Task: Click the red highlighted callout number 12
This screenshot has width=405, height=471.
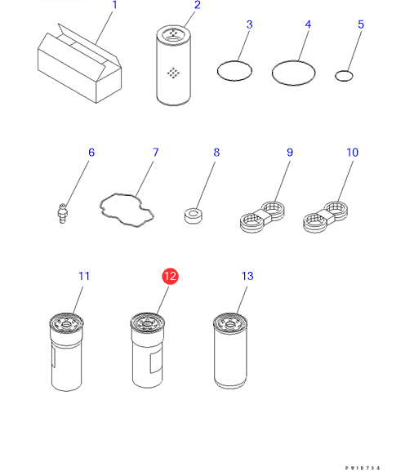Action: point(170,277)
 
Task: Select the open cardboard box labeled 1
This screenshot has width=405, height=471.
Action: point(79,64)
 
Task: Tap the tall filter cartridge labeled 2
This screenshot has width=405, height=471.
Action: point(173,65)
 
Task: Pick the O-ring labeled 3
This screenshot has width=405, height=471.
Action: point(234,71)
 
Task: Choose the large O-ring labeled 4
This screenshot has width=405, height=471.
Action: point(293,73)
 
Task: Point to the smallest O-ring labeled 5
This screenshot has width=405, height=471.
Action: point(344,76)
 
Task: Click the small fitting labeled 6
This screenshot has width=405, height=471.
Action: point(63,213)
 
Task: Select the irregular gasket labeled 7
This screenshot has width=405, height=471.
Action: point(127,211)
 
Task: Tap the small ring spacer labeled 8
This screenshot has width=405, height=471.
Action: point(194,216)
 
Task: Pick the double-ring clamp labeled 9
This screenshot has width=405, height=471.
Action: point(262,217)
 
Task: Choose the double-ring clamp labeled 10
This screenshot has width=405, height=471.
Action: point(325,217)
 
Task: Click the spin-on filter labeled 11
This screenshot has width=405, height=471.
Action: point(66,352)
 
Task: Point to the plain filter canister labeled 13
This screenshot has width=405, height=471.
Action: point(230,351)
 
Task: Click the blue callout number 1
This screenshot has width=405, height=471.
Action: point(114,5)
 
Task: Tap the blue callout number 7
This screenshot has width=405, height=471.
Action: point(155,153)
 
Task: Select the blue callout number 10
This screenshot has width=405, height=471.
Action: point(353,153)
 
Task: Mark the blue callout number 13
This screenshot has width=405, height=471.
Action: point(247,276)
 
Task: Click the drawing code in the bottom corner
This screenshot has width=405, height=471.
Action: point(363,468)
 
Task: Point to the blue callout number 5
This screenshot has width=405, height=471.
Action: point(361,24)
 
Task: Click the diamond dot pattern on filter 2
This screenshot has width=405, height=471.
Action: point(173,73)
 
